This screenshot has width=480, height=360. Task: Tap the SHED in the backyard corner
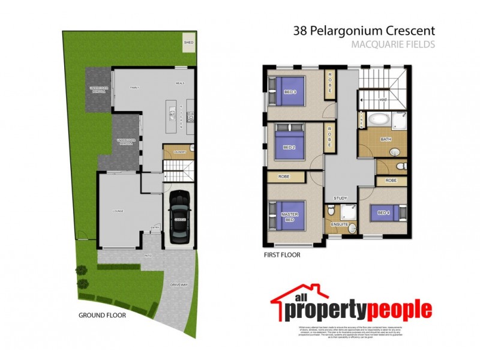188,43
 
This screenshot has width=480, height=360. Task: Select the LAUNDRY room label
179,152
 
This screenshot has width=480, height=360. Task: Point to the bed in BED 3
290,91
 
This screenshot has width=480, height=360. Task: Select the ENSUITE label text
338,225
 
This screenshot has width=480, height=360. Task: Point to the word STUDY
340,198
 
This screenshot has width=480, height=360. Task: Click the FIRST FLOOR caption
282,254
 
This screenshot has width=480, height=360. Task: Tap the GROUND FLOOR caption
102,315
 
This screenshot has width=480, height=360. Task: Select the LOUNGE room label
116,210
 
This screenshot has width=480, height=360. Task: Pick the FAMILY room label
135,88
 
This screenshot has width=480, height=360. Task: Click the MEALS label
179,83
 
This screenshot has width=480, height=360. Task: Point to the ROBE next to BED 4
391,180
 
